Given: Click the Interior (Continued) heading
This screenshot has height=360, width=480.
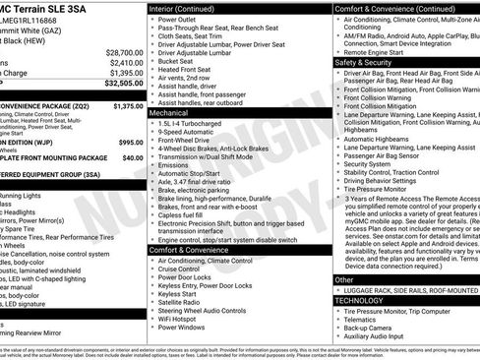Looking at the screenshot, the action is pos(196,9).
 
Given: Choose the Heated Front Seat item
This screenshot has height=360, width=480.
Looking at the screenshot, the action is pos(190,70).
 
